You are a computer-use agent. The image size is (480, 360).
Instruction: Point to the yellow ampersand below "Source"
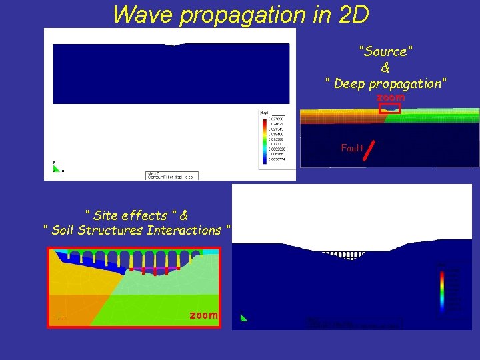385,67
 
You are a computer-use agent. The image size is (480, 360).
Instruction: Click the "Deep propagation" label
386,83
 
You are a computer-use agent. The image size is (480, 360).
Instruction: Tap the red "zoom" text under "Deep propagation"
390,97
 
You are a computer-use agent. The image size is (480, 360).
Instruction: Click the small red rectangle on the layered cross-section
389,109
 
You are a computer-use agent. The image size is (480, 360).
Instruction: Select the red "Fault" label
352,148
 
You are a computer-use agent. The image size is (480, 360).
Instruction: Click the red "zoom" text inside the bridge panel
203,315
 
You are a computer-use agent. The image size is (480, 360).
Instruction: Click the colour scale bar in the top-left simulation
266,141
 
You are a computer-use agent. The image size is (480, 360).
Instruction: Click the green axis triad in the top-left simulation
57,167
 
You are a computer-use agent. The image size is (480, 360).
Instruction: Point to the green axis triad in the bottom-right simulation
243,318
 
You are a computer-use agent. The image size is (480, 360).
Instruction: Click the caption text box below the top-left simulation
168,175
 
